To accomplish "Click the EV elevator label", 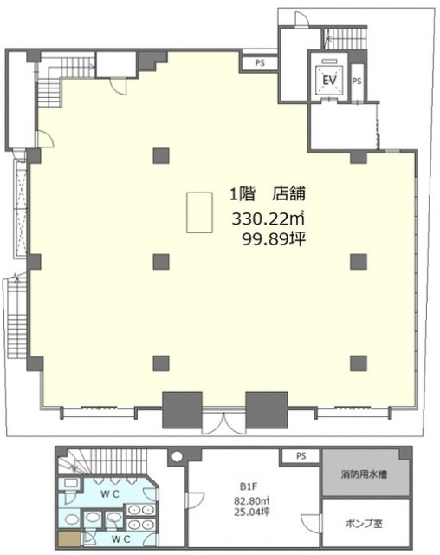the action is click(329, 81).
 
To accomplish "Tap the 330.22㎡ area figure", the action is click(268, 219).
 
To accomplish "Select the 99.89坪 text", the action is click(274, 240).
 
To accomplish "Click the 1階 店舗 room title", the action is click(268, 194).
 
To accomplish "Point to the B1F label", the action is click(249, 486).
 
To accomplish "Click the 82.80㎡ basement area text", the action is click(252, 501).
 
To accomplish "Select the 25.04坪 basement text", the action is click(252, 512).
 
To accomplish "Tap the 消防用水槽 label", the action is click(364, 473).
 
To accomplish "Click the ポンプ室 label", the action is click(364, 524).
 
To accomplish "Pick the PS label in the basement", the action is click(301, 456).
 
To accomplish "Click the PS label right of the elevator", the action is click(357, 81).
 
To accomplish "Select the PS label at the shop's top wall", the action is click(260, 63).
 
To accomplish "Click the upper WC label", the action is click(110, 494).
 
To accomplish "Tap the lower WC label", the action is click(121, 539).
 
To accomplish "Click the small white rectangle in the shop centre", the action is click(200, 212).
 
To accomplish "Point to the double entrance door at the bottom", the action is click(224, 423).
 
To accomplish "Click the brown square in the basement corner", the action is click(69, 539).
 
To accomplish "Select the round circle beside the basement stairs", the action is click(177, 456).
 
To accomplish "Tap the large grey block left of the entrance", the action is click(182, 409).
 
